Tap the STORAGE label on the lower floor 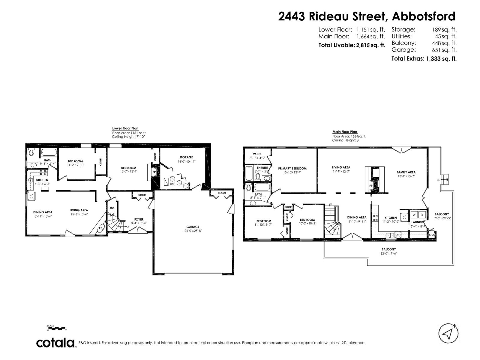pyautogui.click(x=186, y=157)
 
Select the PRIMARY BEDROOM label pyautogui.click(x=292, y=168)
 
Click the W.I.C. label pyautogui.click(x=257, y=154)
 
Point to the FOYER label pyautogui.click(x=139, y=219)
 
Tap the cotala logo pyautogui.click(x=56, y=343)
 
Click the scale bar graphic pyautogui.click(x=56, y=328)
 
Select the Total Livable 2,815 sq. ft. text pyautogui.click(x=352, y=45)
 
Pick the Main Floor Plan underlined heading pyautogui.click(x=345, y=132)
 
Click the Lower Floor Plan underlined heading pyautogui.click(x=125, y=128)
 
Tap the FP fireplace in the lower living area pyautogui.click(x=100, y=228)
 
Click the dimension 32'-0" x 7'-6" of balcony pyautogui.click(x=388, y=253)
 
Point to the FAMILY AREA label pyautogui.click(x=406, y=172)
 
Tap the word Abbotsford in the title pyautogui.click(x=424, y=16)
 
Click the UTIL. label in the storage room pyautogui.click(x=172, y=184)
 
